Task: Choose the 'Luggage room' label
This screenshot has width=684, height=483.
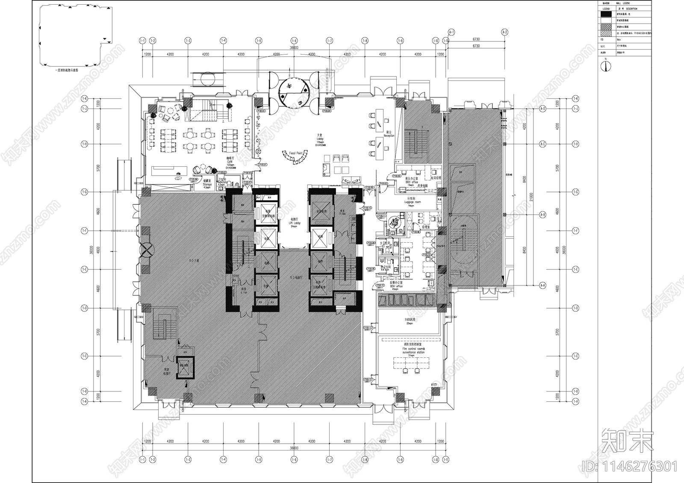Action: point(413,202)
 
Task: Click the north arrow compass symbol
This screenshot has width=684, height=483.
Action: point(607,65)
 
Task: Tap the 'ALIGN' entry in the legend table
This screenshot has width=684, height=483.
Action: point(603,53)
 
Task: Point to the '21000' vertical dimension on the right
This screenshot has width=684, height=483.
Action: point(531,197)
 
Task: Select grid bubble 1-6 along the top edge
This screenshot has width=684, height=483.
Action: point(294,41)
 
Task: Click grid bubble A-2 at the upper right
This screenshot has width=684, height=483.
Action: point(504,32)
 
